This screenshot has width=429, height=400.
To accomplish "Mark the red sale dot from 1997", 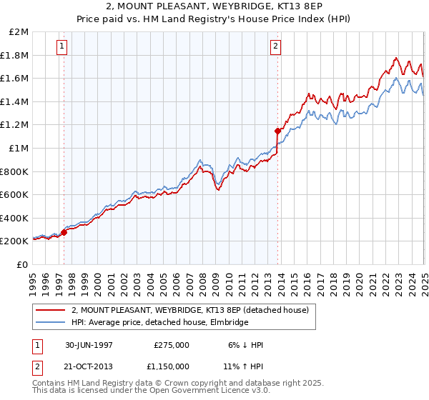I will (64, 232).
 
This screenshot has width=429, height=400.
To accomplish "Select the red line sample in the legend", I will (51, 310).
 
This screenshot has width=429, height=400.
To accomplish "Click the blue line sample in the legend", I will (51, 323).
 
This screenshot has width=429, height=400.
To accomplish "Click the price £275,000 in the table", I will (172, 345).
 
